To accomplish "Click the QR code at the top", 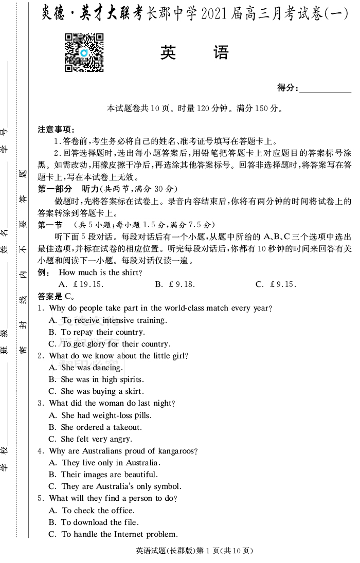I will [84, 52].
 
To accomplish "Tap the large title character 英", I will [168, 52].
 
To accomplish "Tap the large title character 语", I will [221, 52].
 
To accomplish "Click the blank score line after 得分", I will [325, 88].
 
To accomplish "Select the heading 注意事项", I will [56, 130].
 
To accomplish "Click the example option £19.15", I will [82, 284].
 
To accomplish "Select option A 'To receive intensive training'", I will [107, 320].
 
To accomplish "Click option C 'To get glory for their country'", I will [109, 344].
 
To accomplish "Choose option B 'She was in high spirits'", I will [96, 379].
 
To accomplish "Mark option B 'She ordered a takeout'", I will [95, 427].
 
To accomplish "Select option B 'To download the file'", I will [94, 522].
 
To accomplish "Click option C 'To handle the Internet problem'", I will [113, 534].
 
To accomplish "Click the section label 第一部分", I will [55, 189].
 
